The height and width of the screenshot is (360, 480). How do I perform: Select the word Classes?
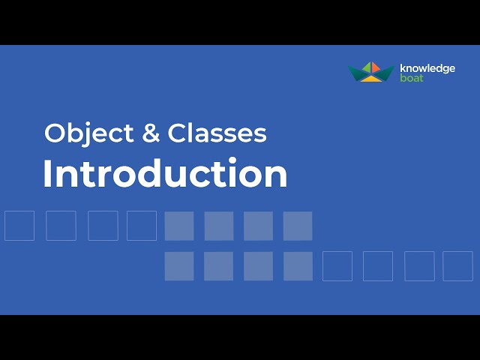click(x=217, y=133)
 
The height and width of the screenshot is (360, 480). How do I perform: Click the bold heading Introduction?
click(x=165, y=174)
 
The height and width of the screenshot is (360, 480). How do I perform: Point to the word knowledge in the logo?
click(x=428, y=68)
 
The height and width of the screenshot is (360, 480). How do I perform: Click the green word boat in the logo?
click(x=412, y=78)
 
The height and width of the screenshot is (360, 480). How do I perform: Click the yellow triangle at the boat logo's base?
click(x=372, y=78)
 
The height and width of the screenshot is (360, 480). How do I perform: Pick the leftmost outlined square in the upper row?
click(x=19, y=226)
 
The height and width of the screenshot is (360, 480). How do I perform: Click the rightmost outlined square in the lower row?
click(x=457, y=265)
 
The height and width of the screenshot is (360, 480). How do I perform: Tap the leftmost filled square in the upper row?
click(x=179, y=226)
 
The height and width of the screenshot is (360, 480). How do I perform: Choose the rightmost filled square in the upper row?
click(x=298, y=226)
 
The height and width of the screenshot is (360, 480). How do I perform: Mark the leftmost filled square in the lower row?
click(x=179, y=265)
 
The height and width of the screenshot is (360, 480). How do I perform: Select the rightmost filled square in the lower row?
click(x=298, y=265)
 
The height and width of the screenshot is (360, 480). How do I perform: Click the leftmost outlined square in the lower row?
click(x=337, y=265)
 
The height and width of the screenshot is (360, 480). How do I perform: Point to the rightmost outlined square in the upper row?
click(x=142, y=226)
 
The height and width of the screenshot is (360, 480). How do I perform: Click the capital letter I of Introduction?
click(x=48, y=174)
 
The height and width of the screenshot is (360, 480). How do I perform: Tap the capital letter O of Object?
click(x=54, y=133)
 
